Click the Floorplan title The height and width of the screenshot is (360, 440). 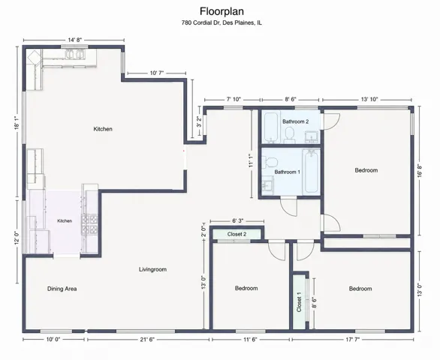click(x=222, y=11)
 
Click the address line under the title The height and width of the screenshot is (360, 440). click(x=222, y=22)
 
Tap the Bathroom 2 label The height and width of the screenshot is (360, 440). click(x=296, y=121)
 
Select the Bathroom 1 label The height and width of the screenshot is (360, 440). click(x=288, y=172)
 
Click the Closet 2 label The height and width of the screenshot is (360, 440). click(x=237, y=234)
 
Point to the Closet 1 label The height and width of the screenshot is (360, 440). click(x=299, y=302)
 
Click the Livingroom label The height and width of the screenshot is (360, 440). click(x=152, y=269)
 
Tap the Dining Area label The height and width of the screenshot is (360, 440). click(x=62, y=289)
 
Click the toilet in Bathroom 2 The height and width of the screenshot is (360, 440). click(x=289, y=135)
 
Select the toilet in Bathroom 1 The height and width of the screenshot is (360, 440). click(x=270, y=162)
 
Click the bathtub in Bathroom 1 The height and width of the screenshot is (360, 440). click(x=311, y=171)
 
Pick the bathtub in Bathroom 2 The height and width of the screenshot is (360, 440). click(x=272, y=127)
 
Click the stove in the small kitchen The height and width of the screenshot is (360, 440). click(x=89, y=224)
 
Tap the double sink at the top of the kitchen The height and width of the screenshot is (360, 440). click(x=74, y=55)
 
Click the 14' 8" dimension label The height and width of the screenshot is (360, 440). click(x=74, y=40)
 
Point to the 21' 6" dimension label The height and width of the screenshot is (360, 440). click(x=147, y=340)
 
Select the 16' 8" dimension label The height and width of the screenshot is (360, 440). click(x=420, y=170)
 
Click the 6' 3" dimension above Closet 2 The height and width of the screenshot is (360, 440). click(x=237, y=221)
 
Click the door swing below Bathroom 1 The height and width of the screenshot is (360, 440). click(x=289, y=207)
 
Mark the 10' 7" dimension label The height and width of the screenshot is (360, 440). click(x=157, y=73)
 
